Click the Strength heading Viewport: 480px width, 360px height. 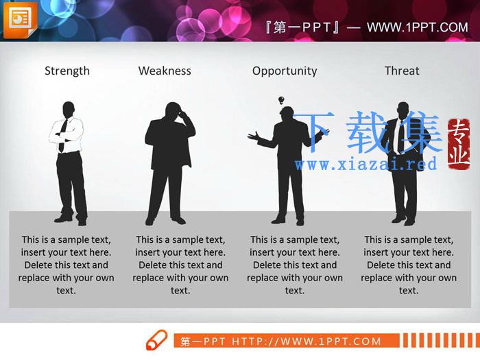click(x=67, y=71)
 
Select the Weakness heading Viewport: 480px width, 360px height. click(x=165, y=71)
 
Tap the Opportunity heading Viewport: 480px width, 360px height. click(x=285, y=71)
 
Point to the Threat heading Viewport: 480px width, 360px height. click(x=402, y=71)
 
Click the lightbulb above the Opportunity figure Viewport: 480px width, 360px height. click(x=281, y=100)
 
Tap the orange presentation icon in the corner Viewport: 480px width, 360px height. click(x=20, y=19)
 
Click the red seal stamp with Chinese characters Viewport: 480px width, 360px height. click(x=458, y=144)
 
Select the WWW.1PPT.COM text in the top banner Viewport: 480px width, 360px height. click(x=417, y=27)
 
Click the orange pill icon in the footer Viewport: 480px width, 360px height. click(x=156, y=340)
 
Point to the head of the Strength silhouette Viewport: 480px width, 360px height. click(x=69, y=110)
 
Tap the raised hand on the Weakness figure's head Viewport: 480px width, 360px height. click(x=184, y=116)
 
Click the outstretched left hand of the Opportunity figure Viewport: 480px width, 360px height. click(x=253, y=136)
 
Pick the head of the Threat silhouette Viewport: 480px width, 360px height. click(x=403, y=110)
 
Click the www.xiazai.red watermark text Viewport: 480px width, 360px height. click(x=365, y=164)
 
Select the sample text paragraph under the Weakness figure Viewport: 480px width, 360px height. click(x=180, y=265)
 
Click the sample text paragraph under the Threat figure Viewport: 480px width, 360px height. click(x=409, y=265)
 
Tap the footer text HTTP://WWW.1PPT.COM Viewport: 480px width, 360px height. click(x=307, y=341)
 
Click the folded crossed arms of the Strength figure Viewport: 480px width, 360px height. click(x=66, y=135)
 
